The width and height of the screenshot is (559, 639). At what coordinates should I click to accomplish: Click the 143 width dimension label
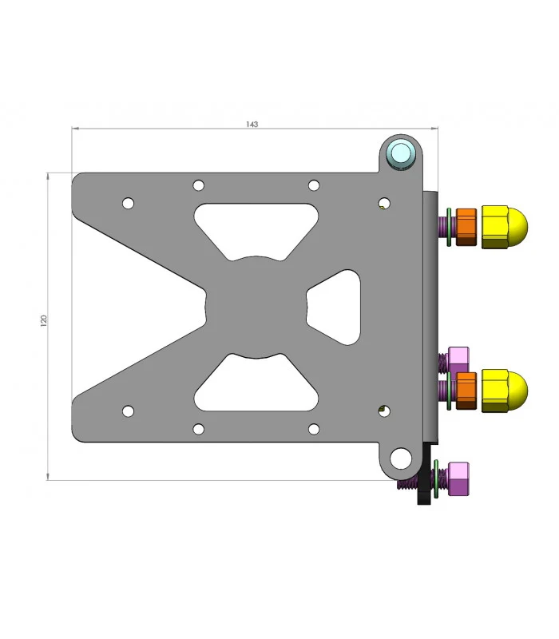tap(252, 124)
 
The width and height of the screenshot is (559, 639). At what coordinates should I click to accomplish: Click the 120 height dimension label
tap(44, 320)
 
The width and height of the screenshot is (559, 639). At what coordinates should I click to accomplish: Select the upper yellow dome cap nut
tap(504, 227)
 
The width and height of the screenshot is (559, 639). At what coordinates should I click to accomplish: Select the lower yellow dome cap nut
tap(504, 391)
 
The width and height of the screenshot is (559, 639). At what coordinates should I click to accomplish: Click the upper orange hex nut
tap(466, 227)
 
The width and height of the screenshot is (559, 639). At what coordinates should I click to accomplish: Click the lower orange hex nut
tap(466, 391)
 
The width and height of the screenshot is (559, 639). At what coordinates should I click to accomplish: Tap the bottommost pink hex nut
tap(458, 478)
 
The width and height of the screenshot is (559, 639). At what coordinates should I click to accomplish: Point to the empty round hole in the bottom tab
tap(401, 458)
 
